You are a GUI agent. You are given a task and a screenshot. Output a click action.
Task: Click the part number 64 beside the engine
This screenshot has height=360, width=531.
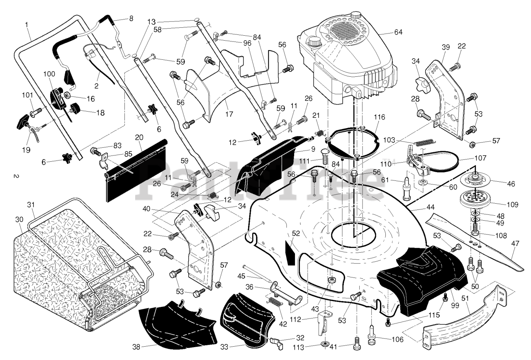(398, 32)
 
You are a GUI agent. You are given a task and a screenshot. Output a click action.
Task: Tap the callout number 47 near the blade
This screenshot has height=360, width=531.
(515, 243)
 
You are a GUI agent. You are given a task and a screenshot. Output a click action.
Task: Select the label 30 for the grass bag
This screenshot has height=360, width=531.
(19, 219)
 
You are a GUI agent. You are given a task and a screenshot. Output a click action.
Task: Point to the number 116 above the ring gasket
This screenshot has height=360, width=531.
(380, 117)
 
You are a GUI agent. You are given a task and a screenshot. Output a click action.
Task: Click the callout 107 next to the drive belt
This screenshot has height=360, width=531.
(480, 158)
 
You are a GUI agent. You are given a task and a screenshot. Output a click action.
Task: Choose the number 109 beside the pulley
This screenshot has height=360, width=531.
(512, 204)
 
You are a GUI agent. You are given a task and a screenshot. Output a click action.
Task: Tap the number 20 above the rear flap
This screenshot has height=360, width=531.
(139, 138)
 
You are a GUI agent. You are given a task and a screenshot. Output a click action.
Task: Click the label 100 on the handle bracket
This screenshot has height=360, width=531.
(49, 74)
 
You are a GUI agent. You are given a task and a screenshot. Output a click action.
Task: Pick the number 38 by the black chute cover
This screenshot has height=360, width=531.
(136, 347)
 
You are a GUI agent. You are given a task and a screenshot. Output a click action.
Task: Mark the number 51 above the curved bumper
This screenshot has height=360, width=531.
(465, 298)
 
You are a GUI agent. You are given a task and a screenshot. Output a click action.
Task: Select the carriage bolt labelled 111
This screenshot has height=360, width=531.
(325, 156)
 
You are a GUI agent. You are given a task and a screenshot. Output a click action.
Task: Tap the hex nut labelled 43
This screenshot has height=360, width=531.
(331, 280)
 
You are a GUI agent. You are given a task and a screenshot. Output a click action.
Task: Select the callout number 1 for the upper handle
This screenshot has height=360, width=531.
(27, 24)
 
